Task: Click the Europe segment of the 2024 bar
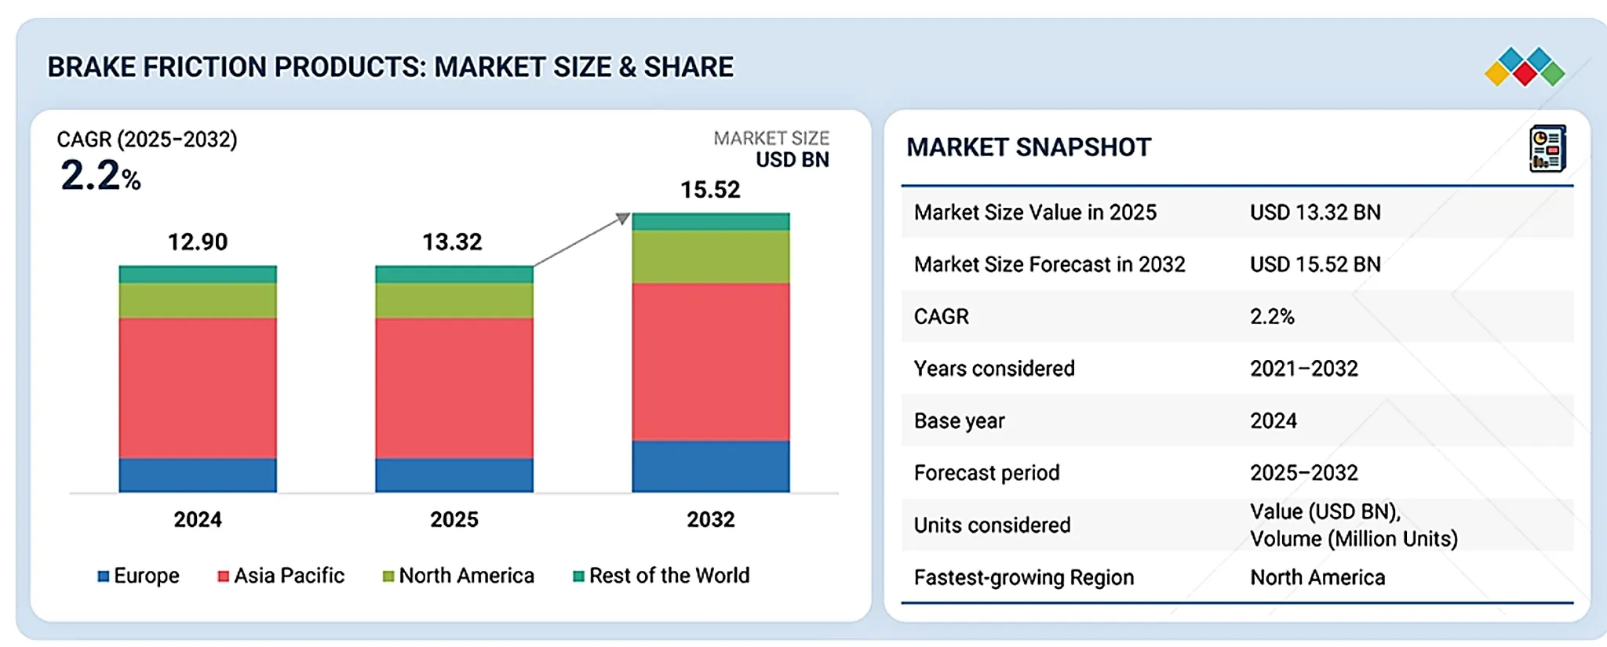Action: pyautogui.click(x=198, y=475)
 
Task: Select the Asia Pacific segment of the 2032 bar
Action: pyautogui.click(x=711, y=362)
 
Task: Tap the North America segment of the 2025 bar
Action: pyautogui.click(x=454, y=300)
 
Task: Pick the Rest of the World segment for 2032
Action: pyautogui.click(x=711, y=222)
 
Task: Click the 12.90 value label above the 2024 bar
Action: pyautogui.click(x=198, y=242)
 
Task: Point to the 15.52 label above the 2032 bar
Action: pyautogui.click(x=710, y=190)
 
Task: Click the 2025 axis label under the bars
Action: pyautogui.click(x=454, y=519)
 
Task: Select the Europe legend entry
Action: pyautogui.click(x=138, y=576)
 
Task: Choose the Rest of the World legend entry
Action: pyautogui.click(x=661, y=576)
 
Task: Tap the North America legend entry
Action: pyautogui.click(x=458, y=576)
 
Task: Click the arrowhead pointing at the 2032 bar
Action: pyautogui.click(x=623, y=218)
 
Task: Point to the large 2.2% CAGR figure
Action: pyautogui.click(x=100, y=175)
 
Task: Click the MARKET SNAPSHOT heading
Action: pyautogui.click(x=1029, y=147)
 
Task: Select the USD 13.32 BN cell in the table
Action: pyautogui.click(x=1315, y=213)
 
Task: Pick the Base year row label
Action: pyautogui.click(x=959, y=421)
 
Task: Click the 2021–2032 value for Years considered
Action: pyautogui.click(x=1304, y=369)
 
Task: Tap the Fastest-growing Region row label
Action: pyautogui.click(x=1024, y=578)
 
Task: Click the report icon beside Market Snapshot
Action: pyautogui.click(x=1547, y=148)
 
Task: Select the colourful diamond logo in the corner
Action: pyautogui.click(x=1525, y=67)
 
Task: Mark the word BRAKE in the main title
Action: pyautogui.click(x=91, y=67)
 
